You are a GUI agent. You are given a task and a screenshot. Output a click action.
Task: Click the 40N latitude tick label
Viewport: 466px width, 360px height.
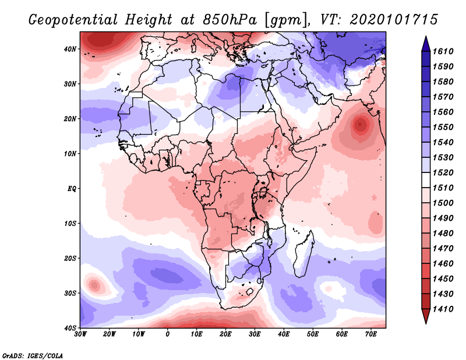pos(70,49)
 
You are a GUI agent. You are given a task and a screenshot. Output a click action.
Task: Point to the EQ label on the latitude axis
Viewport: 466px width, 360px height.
pos(72,189)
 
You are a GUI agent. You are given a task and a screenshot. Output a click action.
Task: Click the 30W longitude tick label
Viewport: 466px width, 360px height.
pos(80,334)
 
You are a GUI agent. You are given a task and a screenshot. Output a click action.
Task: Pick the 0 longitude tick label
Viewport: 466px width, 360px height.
pos(168,334)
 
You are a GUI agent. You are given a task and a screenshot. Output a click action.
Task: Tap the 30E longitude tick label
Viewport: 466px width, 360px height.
pos(255,334)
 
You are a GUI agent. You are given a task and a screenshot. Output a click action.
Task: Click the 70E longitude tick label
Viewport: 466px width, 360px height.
pos(371,334)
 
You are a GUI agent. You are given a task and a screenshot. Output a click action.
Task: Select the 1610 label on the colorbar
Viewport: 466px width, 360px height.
pos(443,51)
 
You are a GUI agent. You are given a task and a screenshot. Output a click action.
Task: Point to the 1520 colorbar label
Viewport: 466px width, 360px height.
pos(443,172)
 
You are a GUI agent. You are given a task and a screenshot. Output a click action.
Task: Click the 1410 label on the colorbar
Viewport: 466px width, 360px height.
pos(443,309)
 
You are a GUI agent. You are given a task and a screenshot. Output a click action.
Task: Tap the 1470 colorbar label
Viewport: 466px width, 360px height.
pos(443,249)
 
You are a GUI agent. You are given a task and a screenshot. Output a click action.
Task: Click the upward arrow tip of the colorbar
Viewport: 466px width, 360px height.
pos(426,37)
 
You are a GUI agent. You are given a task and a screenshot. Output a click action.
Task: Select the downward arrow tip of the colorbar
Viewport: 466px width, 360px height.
pos(426,323)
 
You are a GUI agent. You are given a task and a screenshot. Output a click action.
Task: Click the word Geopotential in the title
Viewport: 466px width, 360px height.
pos(73,20)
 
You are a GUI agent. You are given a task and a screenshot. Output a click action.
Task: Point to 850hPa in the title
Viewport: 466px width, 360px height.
pos(230,20)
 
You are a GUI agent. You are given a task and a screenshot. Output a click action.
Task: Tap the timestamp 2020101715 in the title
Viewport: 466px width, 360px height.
pos(394,20)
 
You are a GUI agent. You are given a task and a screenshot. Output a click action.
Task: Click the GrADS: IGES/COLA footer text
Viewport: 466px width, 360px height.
pos(33,356)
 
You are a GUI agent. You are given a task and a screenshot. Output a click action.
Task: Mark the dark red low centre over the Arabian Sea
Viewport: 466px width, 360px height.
pos(360,124)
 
